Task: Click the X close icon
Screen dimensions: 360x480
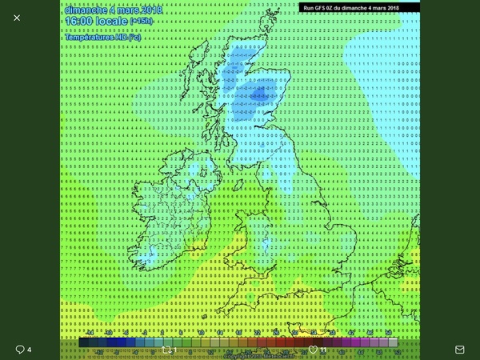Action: click(x=17, y=18)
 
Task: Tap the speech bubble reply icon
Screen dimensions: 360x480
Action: click(x=20, y=350)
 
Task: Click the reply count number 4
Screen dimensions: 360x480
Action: click(x=30, y=350)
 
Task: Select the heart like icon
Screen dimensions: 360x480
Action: click(x=314, y=350)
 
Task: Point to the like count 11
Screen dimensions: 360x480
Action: click(x=324, y=350)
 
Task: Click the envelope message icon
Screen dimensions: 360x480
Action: click(x=460, y=350)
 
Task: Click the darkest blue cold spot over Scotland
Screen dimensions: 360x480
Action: click(x=258, y=95)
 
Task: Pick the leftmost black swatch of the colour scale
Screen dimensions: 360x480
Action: click(x=85, y=342)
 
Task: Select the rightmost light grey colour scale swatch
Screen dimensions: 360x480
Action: click(x=393, y=342)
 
